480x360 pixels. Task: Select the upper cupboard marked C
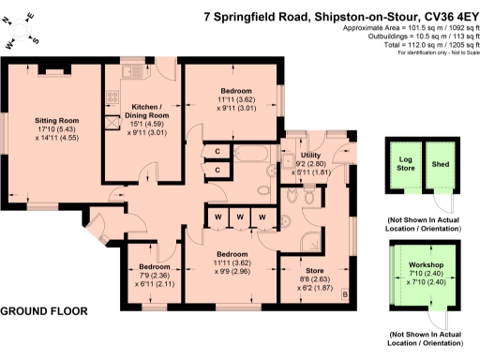[217, 151]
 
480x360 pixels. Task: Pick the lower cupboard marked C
[217, 170]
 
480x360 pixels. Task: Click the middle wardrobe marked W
[240, 217]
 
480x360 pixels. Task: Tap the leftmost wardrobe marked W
[217, 217]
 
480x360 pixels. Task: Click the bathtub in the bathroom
[252, 154]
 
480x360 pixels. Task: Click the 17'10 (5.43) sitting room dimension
[53, 131]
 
